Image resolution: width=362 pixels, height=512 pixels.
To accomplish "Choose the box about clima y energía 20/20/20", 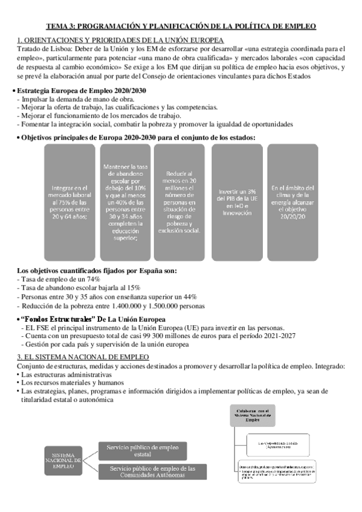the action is pyautogui.click(x=293, y=200).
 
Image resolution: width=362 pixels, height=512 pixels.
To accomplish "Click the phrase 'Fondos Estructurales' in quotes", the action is pyautogui.click(x=56, y=319).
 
